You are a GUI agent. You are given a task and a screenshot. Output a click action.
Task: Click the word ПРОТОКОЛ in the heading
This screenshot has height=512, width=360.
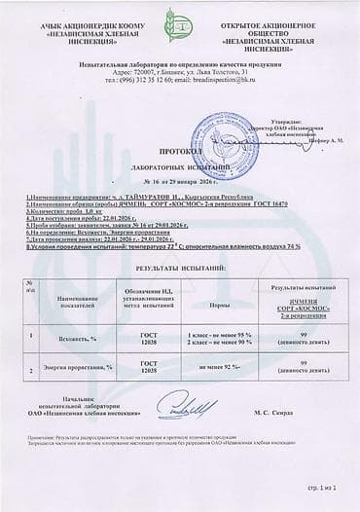pos(179,153)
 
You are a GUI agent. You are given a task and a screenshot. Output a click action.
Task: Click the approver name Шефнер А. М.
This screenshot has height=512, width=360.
pos(314,140)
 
